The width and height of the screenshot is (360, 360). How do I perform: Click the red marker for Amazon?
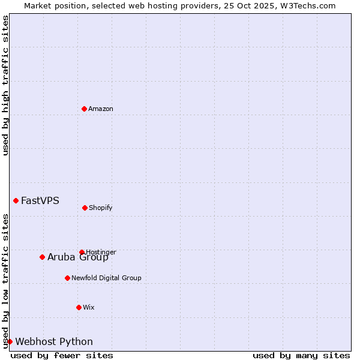click(84, 109)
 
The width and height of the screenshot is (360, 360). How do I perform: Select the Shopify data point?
click(85, 208)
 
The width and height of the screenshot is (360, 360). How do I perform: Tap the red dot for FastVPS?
click(16, 200)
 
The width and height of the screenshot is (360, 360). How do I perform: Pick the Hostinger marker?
click(82, 252)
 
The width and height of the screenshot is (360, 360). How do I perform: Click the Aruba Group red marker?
click(42, 257)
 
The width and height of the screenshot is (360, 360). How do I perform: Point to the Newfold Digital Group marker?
click(67, 278)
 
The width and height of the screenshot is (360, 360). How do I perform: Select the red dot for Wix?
click(79, 307)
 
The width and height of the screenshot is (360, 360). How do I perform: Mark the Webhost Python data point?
click(10, 341)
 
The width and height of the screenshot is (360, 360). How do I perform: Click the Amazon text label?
click(101, 109)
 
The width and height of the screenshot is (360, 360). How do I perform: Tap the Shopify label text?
click(101, 208)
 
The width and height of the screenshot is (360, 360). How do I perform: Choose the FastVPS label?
click(40, 201)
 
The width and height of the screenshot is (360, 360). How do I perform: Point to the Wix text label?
click(89, 307)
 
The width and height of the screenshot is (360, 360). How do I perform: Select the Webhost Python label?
click(54, 342)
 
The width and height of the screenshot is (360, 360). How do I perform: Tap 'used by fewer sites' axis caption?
click(62, 355)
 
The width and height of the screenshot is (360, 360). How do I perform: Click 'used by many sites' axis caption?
click(301, 355)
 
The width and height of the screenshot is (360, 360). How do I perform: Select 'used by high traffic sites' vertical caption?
click(5, 85)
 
